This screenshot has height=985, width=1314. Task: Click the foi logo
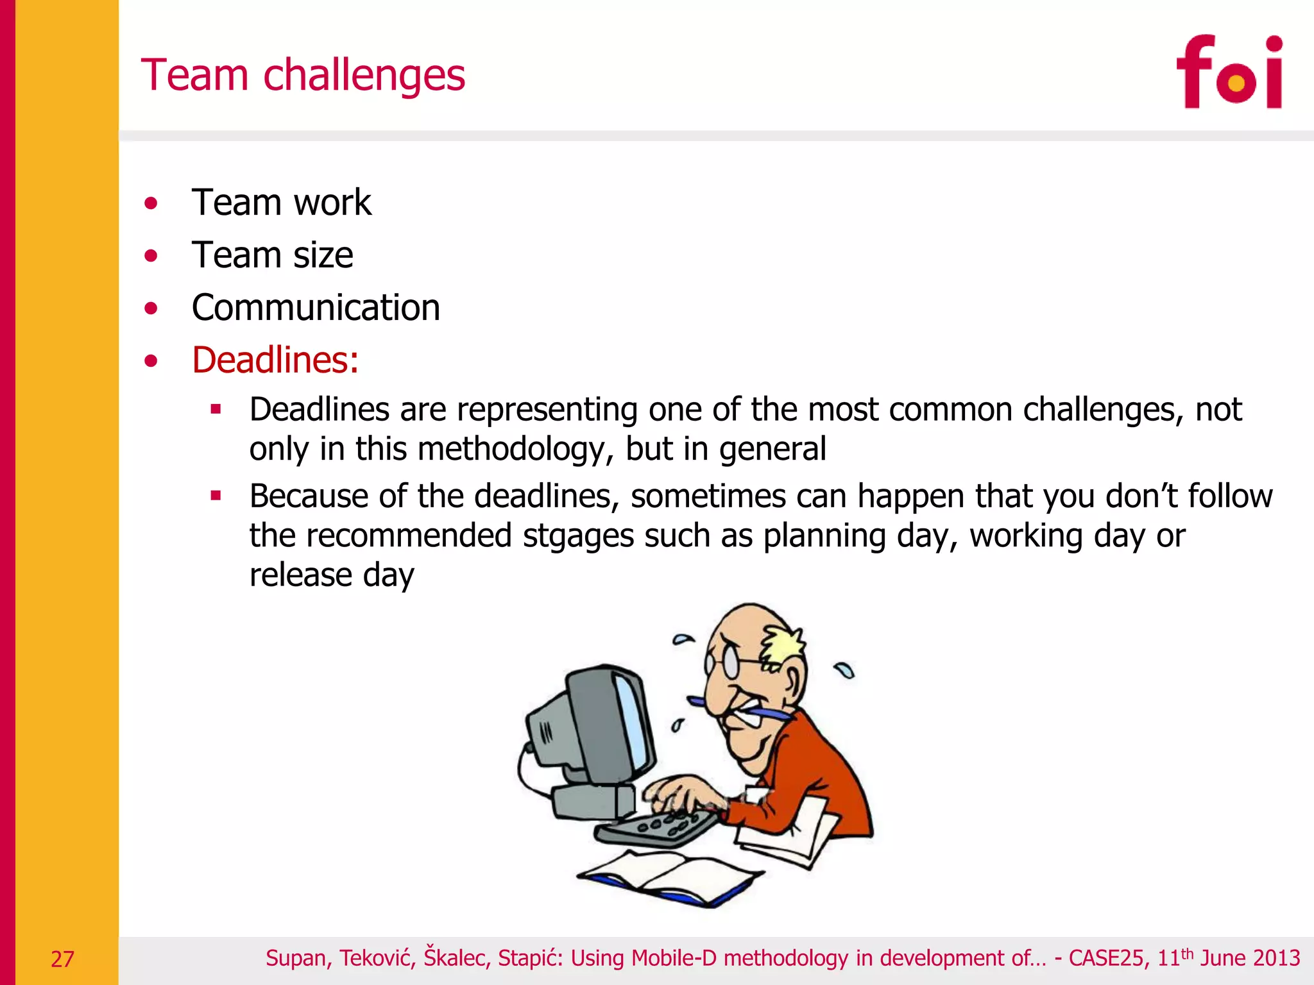coord(1229,72)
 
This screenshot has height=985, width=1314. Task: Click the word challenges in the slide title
coord(364,76)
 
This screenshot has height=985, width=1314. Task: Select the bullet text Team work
coord(281,203)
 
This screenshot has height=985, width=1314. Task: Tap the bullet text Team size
coord(272,255)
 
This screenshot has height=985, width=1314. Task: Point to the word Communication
coord(316,308)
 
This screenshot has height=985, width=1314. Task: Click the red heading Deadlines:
coord(275,360)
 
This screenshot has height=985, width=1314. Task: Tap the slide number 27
coord(62,959)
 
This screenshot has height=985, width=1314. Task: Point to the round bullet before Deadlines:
coord(151,361)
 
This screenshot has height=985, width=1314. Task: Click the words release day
coord(332,575)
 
